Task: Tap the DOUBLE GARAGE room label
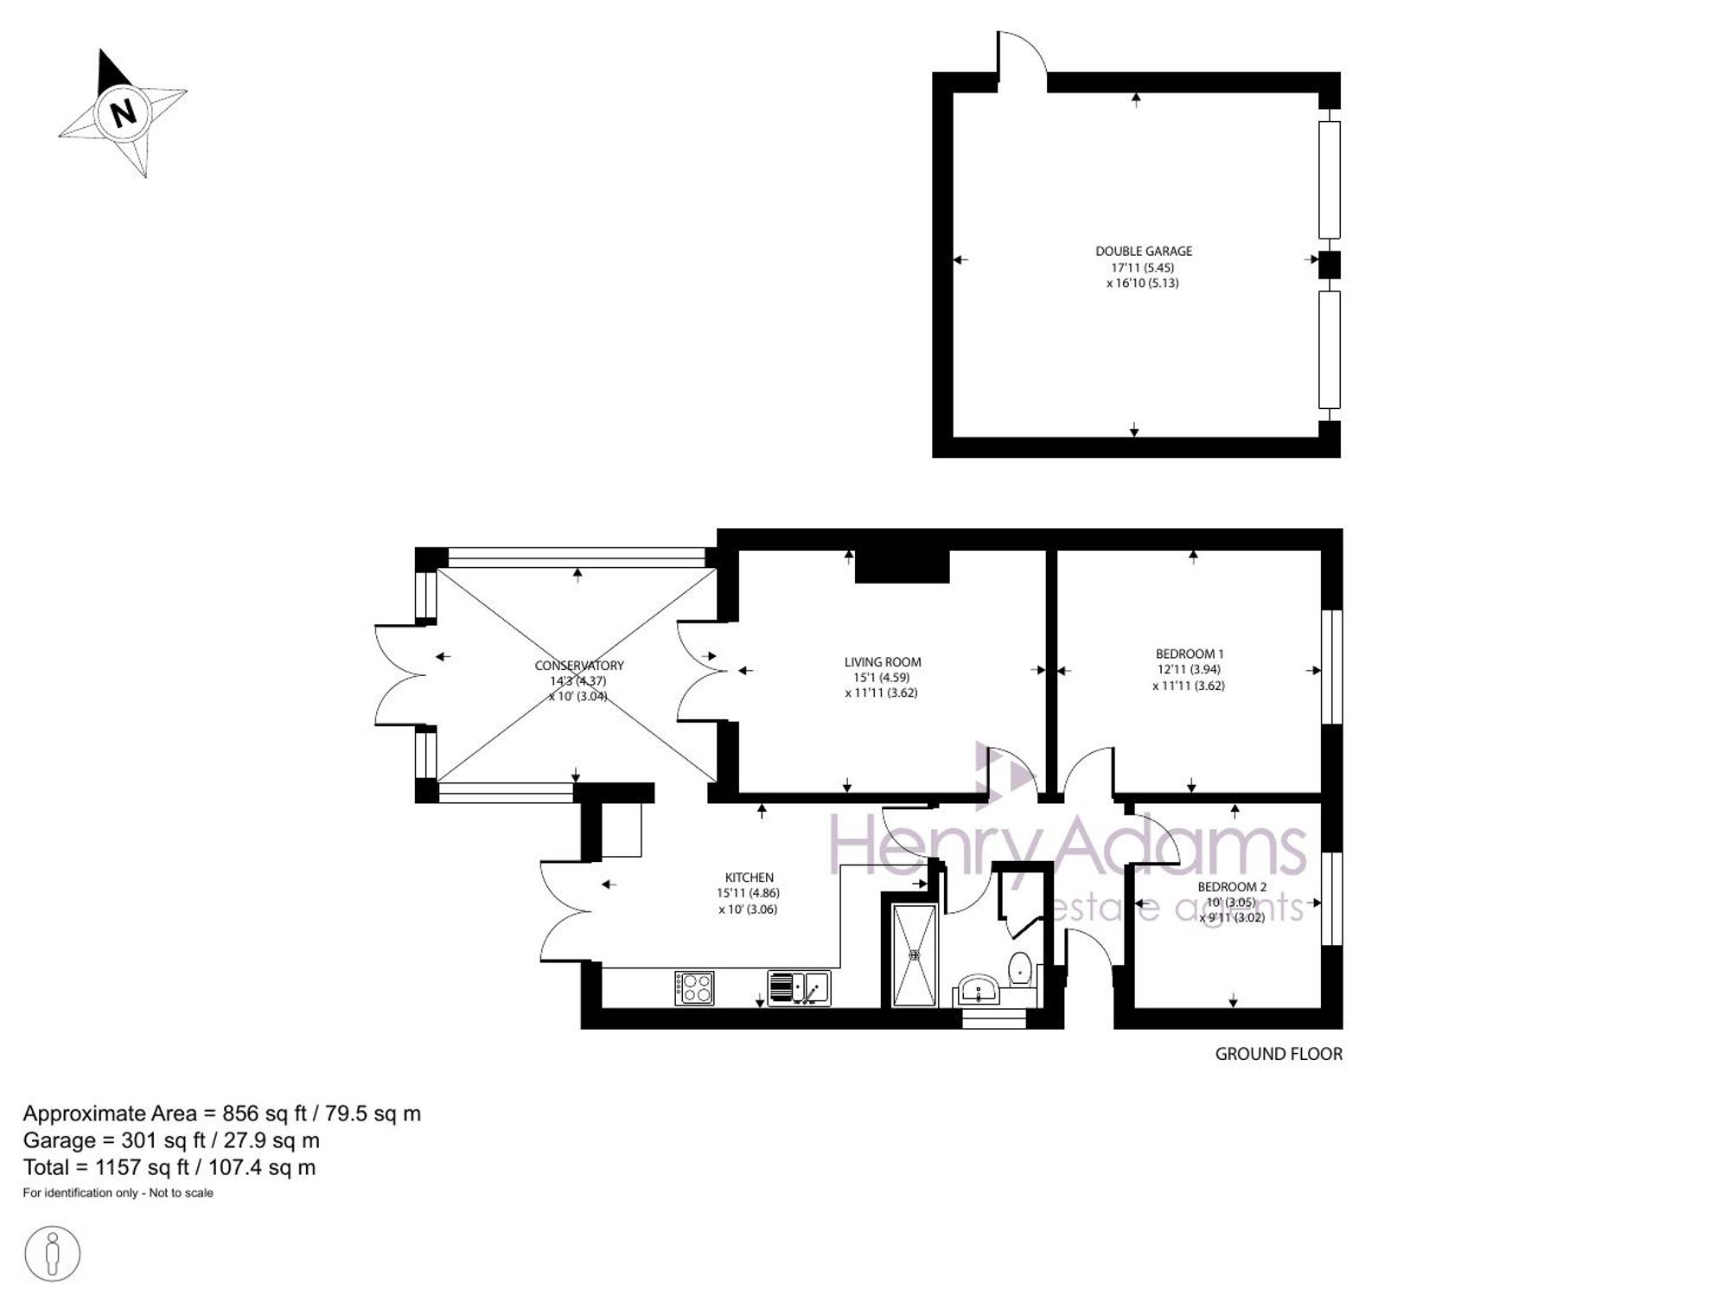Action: (1144, 252)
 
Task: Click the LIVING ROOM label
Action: (883, 662)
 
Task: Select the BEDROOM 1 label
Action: (1190, 654)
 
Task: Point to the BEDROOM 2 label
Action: (1232, 887)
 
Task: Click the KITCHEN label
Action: (750, 878)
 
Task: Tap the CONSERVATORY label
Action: (579, 666)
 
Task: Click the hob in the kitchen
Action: (695, 988)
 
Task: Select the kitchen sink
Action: (800, 988)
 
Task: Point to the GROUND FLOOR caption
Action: (1279, 1054)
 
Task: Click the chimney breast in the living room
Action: (903, 566)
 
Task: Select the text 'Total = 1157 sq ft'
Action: (106, 1168)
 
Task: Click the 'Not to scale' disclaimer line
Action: (118, 1193)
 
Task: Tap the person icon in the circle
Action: (53, 1253)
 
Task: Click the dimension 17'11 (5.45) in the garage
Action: (1143, 268)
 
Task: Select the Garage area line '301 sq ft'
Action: (171, 1141)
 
